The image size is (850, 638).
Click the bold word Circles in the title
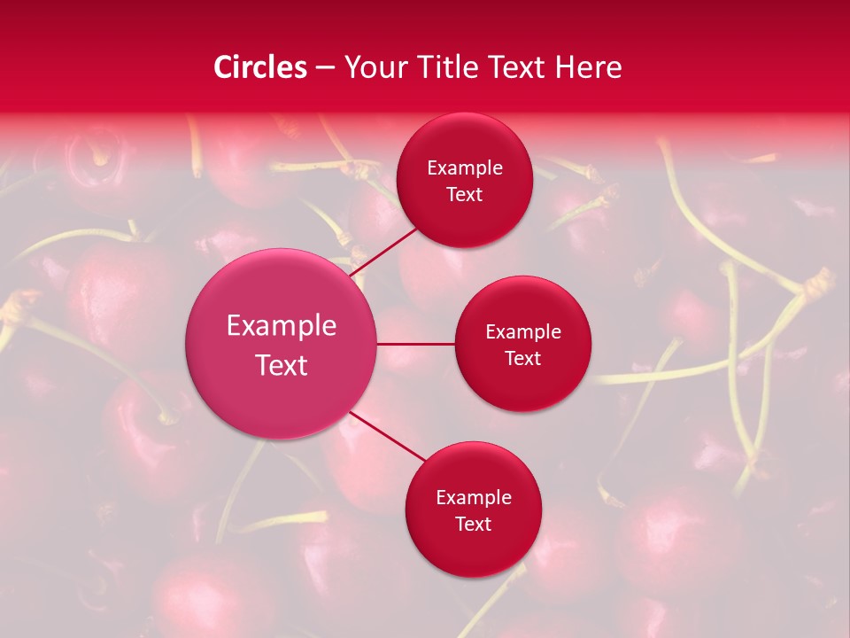click(260, 67)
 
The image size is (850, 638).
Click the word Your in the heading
click(375, 67)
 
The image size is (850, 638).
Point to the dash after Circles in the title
click(325, 68)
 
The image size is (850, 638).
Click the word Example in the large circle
click(282, 326)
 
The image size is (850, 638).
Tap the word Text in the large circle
click(282, 365)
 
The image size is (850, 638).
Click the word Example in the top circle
click(464, 168)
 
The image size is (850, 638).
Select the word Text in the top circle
click(464, 195)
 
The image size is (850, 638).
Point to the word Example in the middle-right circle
click(522, 332)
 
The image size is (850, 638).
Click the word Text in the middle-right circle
click(522, 359)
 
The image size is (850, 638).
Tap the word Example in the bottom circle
click(473, 498)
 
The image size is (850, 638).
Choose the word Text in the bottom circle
click(473, 525)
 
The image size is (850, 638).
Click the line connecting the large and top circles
click(383, 252)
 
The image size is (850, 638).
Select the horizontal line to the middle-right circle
click(416, 343)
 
